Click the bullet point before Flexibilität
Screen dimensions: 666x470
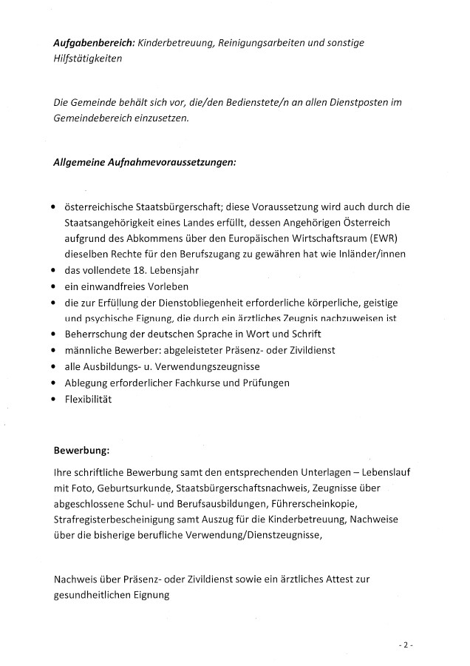54,400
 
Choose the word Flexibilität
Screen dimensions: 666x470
87,400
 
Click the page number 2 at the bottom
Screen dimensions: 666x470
405,645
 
